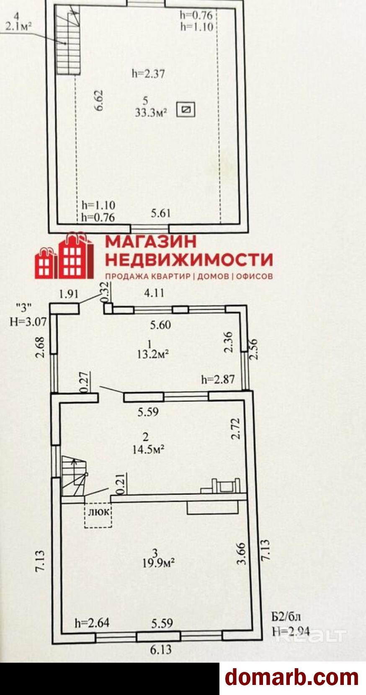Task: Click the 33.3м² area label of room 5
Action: pyautogui.click(x=151, y=113)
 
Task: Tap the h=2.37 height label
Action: pyautogui.click(x=148, y=74)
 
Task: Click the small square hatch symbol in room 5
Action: pyautogui.click(x=186, y=109)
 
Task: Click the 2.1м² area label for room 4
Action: pyautogui.click(x=18, y=27)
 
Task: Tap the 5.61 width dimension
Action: pyautogui.click(x=161, y=213)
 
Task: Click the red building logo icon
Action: pyautogui.click(x=64, y=255)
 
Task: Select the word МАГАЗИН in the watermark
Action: pyautogui.click(x=151, y=241)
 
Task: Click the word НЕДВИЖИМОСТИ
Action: pyautogui.click(x=189, y=260)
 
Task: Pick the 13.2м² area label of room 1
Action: pyautogui.click(x=153, y=354)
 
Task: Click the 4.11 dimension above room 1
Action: pyautogui.click(x=154, y=293)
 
